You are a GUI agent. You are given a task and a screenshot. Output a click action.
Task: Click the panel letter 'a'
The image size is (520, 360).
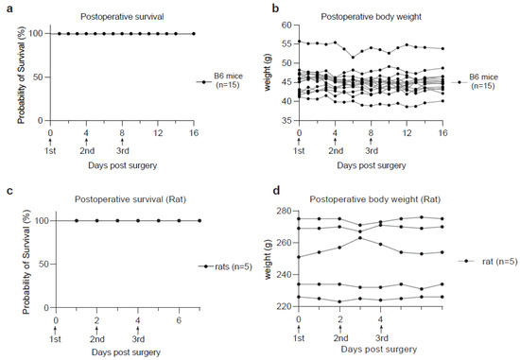click(x=9, y=9)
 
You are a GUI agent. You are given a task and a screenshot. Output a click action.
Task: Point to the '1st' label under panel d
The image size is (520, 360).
click(x=299, y=338)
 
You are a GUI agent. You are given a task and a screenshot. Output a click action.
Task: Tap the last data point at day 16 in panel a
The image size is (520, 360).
click(x=194, y=33)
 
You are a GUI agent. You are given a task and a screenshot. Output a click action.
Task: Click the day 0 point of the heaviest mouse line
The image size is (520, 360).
click(x=299, y=42)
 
